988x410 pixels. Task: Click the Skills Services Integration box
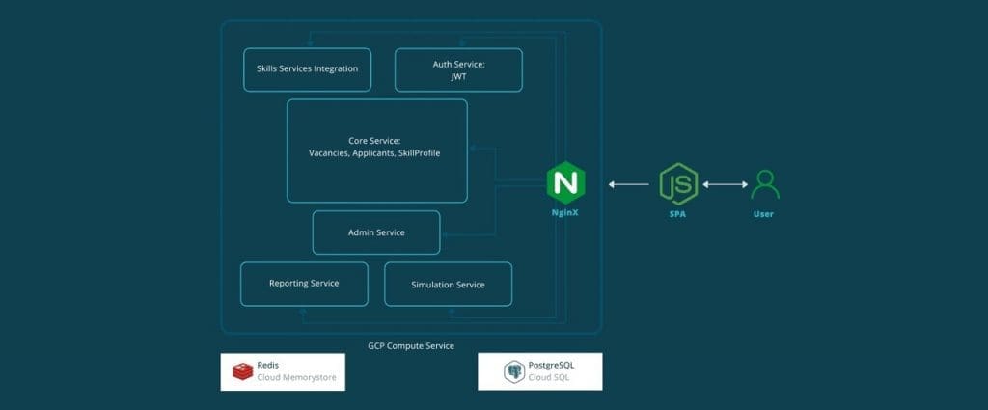coord(307,69)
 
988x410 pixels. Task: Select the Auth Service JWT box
coord(458,69)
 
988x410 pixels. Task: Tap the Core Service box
coord(376,150)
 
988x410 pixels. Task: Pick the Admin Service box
coord(376,232)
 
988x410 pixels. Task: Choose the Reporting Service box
coord(304,284)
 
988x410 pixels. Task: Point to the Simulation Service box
coord(448,285)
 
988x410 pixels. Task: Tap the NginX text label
coord(566,213)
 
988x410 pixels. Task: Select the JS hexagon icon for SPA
coord(678,183)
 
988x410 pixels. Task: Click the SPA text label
coord(678,213)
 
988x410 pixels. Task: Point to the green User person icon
coord(765,183)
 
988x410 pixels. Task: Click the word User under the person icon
coord(763,213)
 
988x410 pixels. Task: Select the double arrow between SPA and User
coord(725,184)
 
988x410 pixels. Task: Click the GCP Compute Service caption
coord(411,345)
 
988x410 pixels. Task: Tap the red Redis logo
coord(241,371)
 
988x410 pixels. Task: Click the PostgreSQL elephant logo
coord(513,371)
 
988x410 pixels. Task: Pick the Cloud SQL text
coord(549,378)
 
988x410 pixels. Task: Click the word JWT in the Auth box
coord(458,76)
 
